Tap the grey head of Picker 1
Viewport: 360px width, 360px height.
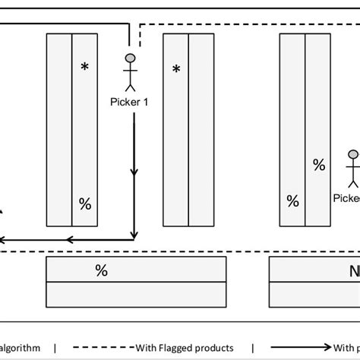pyautogui.click(x=131, y=58)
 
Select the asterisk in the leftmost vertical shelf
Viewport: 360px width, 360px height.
pyautogui.click(x=85, y=68)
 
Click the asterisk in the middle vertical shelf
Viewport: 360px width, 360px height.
pyautogui.click(x=176, y=70)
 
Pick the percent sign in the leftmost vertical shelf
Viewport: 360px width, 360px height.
pyautogui.click(x=85, y=203)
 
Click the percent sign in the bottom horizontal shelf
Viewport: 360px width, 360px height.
pyautogui.click(x=100, y=270)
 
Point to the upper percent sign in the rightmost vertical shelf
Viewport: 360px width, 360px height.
pyautogui.click(x=319, y=164)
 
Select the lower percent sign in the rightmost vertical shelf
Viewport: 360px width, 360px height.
pyautogui.click(x=292, y=201)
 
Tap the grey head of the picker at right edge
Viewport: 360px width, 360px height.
pyautogui.click(x=353, y=156)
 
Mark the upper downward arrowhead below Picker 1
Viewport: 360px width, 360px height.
pyautogui.click(x=134, y=174)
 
